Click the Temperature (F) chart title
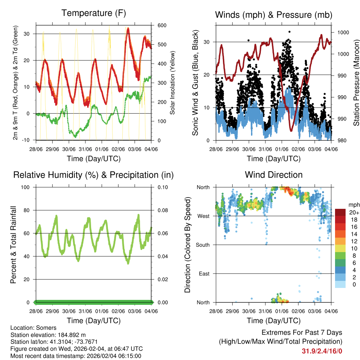click(x=94, y=13)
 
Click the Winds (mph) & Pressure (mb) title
click(x=274, y=15)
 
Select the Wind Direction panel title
click(x=274, y=175)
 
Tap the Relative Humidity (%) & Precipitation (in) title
click(x=94, y=175)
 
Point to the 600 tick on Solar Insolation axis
click(x=162, y=26)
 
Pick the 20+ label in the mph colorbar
click(x=354, y=212)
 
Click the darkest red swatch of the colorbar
click(x=340, y=212)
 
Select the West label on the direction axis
click(x=203, y=216)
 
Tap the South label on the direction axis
click(x=202, y=245)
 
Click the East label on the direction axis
click(x=204, y=274)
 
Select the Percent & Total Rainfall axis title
click(x=13, y=244)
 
